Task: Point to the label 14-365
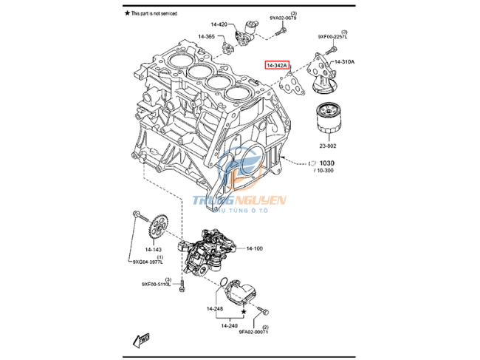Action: coord(206,36)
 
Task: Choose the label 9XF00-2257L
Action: coord(332,35)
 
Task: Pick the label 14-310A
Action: coord(344,61)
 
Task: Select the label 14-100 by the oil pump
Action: coord(254,248)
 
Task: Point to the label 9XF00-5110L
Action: coord(157,284)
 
